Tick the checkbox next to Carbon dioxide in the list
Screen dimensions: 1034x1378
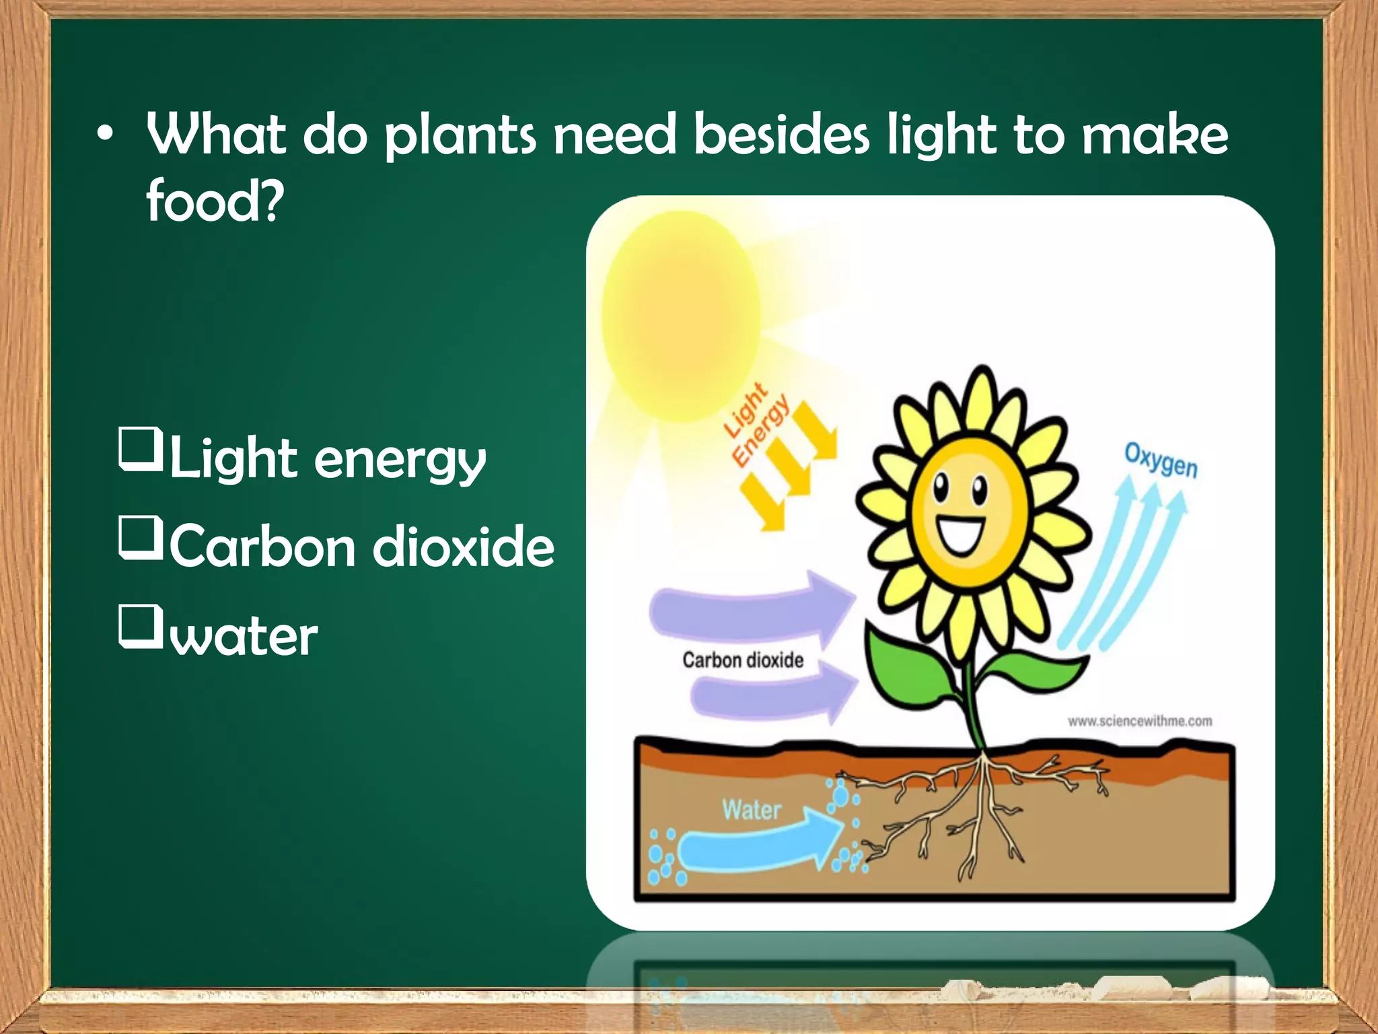(141, 537)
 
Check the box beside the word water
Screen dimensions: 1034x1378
(141, 626)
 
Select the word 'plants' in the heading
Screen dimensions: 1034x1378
(460, 135)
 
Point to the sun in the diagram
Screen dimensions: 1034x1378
(681, 316)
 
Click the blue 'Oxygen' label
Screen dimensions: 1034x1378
(1161, 460)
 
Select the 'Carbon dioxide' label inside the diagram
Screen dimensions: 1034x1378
(743, 660)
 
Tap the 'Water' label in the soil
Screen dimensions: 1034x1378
(752, 809)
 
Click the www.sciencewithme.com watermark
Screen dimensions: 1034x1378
(1140, 721)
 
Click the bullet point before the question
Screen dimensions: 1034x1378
(104, 135)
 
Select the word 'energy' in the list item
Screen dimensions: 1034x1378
(400, 460)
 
